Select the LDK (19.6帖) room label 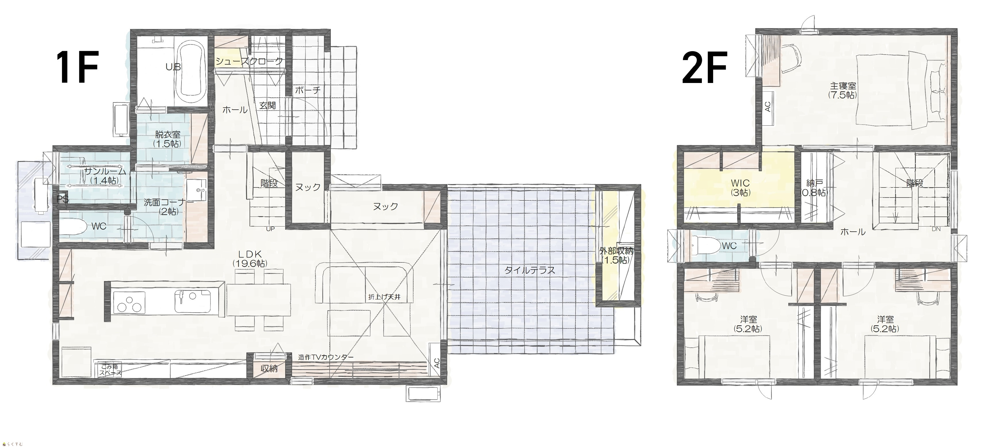coord(250,258)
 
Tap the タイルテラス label coord(530,270)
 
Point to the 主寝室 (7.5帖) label coord(843,90)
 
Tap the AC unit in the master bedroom coord(768,108)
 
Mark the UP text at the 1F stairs coord(270,229)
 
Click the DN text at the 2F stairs coord(936,229)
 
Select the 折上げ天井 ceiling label coord(384,297)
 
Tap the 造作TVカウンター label coord(326,357)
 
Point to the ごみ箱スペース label coord(111,370)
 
